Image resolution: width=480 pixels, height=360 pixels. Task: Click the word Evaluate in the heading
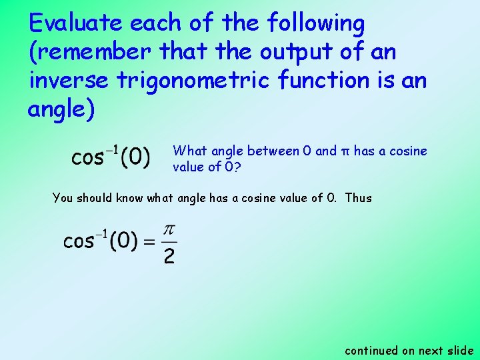tap(76, 24)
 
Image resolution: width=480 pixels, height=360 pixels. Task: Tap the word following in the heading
tap(315, 24)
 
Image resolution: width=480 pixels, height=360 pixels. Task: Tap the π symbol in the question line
tap(345, 152)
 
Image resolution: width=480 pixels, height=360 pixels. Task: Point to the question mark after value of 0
tap(237, 167)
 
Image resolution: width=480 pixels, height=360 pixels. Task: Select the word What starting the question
tap(189, 151)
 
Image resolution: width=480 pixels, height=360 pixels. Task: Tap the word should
tap(96, 198)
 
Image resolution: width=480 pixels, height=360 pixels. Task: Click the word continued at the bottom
tap(371, 350)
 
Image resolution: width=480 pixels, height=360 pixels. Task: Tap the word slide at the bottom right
tap(460, 350)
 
